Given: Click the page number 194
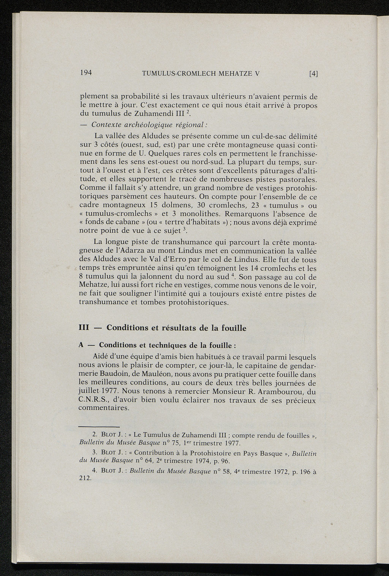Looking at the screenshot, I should [x=86, y=73].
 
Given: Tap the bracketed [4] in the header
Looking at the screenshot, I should [x=313, y=74].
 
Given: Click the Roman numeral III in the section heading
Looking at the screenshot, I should [x=83, y=328].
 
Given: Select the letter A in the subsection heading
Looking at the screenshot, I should [x=81, y=345].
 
